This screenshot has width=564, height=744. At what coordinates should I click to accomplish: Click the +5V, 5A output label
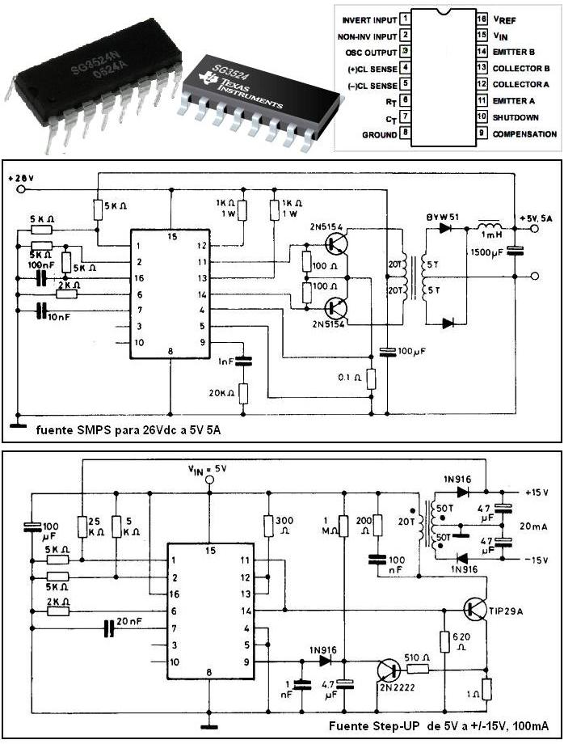coord(536,218)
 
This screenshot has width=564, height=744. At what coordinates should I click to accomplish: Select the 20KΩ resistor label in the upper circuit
coord(218,393)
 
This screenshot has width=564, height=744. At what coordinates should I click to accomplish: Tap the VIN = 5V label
coord(209,467)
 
